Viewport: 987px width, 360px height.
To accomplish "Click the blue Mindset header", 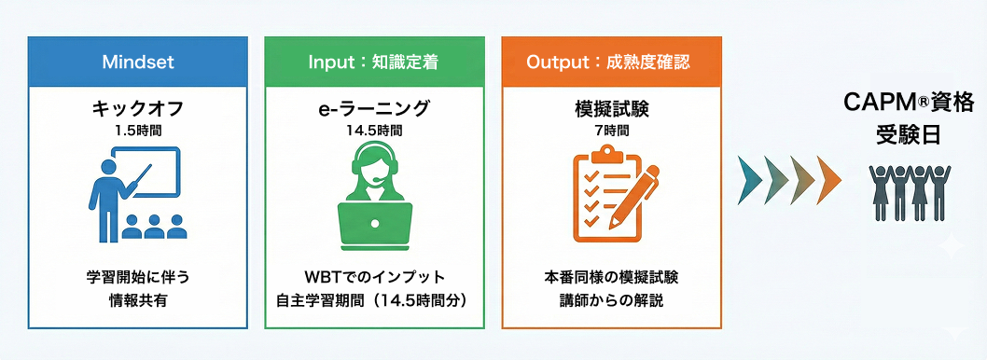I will [138, 62].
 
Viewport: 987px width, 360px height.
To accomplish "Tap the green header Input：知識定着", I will [374, 62].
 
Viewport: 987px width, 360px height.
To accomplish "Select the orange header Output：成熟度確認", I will [611, 62].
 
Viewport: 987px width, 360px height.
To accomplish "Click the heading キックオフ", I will [138, 108].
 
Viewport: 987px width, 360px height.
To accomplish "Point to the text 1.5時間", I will [138, 130].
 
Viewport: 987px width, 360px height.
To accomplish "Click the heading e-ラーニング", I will [374, 108].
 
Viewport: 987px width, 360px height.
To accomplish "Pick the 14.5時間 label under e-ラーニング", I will [374, 130].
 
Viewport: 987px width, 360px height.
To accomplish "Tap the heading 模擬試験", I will [611, 108].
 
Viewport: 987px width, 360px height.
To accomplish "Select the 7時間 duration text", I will [611, 130].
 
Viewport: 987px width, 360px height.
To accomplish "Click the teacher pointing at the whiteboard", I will [105, 191].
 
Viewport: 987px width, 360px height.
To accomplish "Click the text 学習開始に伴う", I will [138, 277].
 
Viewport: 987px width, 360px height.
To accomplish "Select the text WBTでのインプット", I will [373, 277].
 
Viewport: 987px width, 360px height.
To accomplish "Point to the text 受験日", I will [896, 134].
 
